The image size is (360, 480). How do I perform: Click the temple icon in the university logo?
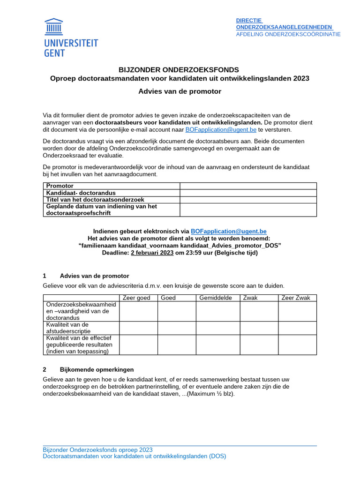pos(53,27)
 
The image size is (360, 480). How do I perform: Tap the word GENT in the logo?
pos(54,53)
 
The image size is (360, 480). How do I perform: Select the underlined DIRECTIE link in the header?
pos(248,20)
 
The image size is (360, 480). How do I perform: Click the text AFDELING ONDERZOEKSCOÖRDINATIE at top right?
pos(288,34)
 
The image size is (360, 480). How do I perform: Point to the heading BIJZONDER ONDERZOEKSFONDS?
pos(180,69)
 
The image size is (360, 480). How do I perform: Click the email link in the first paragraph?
pos(221,129)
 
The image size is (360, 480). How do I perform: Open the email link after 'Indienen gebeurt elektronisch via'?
pos(229,231)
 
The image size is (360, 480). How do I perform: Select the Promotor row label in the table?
pos(60,186)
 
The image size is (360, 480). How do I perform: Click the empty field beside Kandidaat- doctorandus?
pos(248,193)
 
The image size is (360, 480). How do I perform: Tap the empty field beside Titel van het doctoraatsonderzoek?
pos(248,200)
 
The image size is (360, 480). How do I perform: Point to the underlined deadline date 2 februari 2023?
pos(152,253)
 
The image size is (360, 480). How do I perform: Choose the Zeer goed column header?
pos(136,298)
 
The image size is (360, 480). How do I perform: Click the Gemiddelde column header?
pos(216,298)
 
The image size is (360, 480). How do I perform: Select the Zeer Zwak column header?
pos(296,298)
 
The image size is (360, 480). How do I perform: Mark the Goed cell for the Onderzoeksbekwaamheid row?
pos(176,311)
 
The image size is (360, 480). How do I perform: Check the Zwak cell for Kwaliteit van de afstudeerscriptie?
pos(259,328)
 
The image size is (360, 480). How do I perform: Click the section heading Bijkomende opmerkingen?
pos(97,369)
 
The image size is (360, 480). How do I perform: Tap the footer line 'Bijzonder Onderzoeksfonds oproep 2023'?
pos(97,450)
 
